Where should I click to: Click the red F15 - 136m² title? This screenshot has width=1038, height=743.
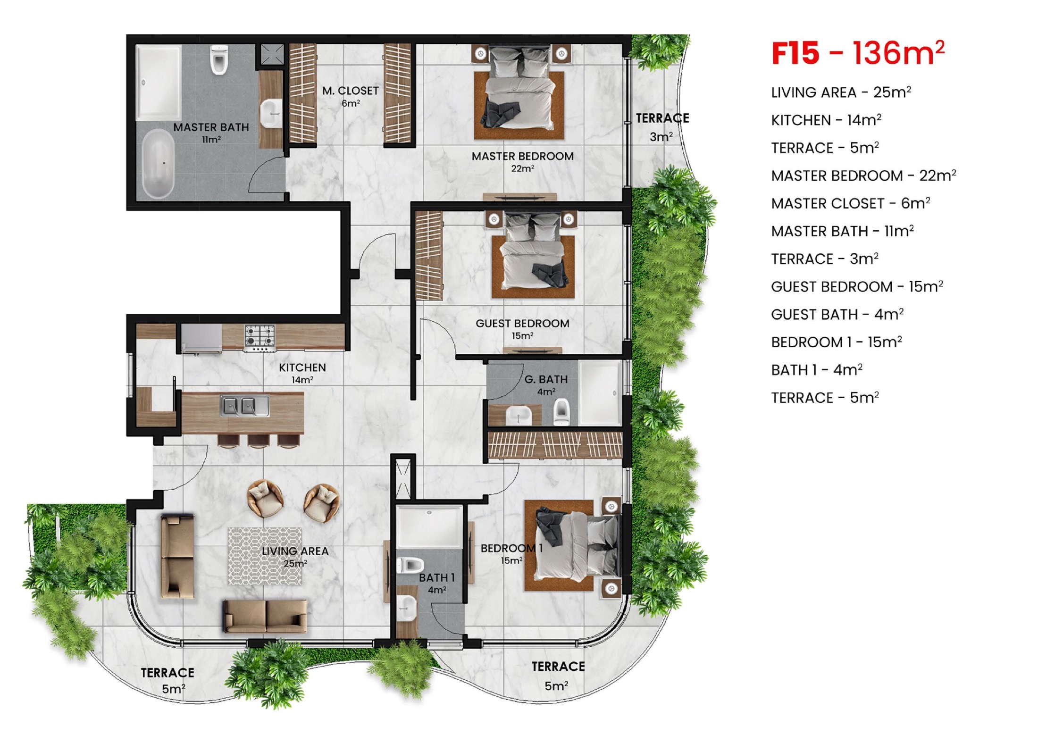coord(857,53)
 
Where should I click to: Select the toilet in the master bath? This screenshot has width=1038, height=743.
coord(219,60)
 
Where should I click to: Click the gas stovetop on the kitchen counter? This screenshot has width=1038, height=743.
coord(259,335)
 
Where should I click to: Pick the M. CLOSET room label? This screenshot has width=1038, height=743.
coord(351,96)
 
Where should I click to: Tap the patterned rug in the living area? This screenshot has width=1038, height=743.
coord(265,556)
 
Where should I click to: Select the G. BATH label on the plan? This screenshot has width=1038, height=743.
coord(546,384)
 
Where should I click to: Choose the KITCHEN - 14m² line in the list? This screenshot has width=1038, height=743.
coord(826,120)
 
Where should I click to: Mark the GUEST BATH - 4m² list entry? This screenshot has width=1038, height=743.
coord(837,314)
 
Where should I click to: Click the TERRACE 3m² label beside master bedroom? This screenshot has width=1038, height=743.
coord(661,127)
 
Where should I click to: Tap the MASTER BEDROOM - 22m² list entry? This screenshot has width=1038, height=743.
coord(863,175)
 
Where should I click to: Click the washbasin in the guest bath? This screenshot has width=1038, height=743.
coord(518,416)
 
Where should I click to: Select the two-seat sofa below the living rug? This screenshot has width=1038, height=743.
coord(265,616)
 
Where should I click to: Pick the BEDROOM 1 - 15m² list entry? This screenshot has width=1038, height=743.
coord(836,342)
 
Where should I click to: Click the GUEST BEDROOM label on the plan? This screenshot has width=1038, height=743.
coord(522,329)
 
